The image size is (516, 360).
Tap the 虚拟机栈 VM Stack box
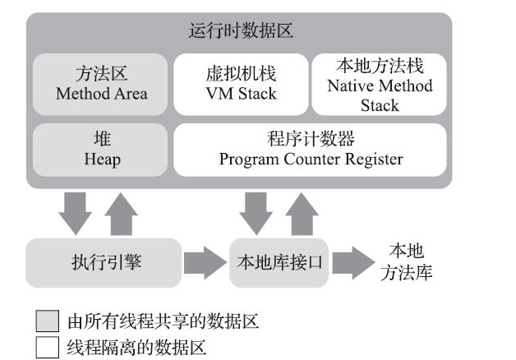click(240, 85)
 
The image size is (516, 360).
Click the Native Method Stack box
click(379, 85)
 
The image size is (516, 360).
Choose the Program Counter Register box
click(311, 150)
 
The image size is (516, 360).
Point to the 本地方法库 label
click(406, 262)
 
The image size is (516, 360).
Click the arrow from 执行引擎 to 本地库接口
click(204, 263)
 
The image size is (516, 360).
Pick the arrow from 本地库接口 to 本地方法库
click(352, 263)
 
